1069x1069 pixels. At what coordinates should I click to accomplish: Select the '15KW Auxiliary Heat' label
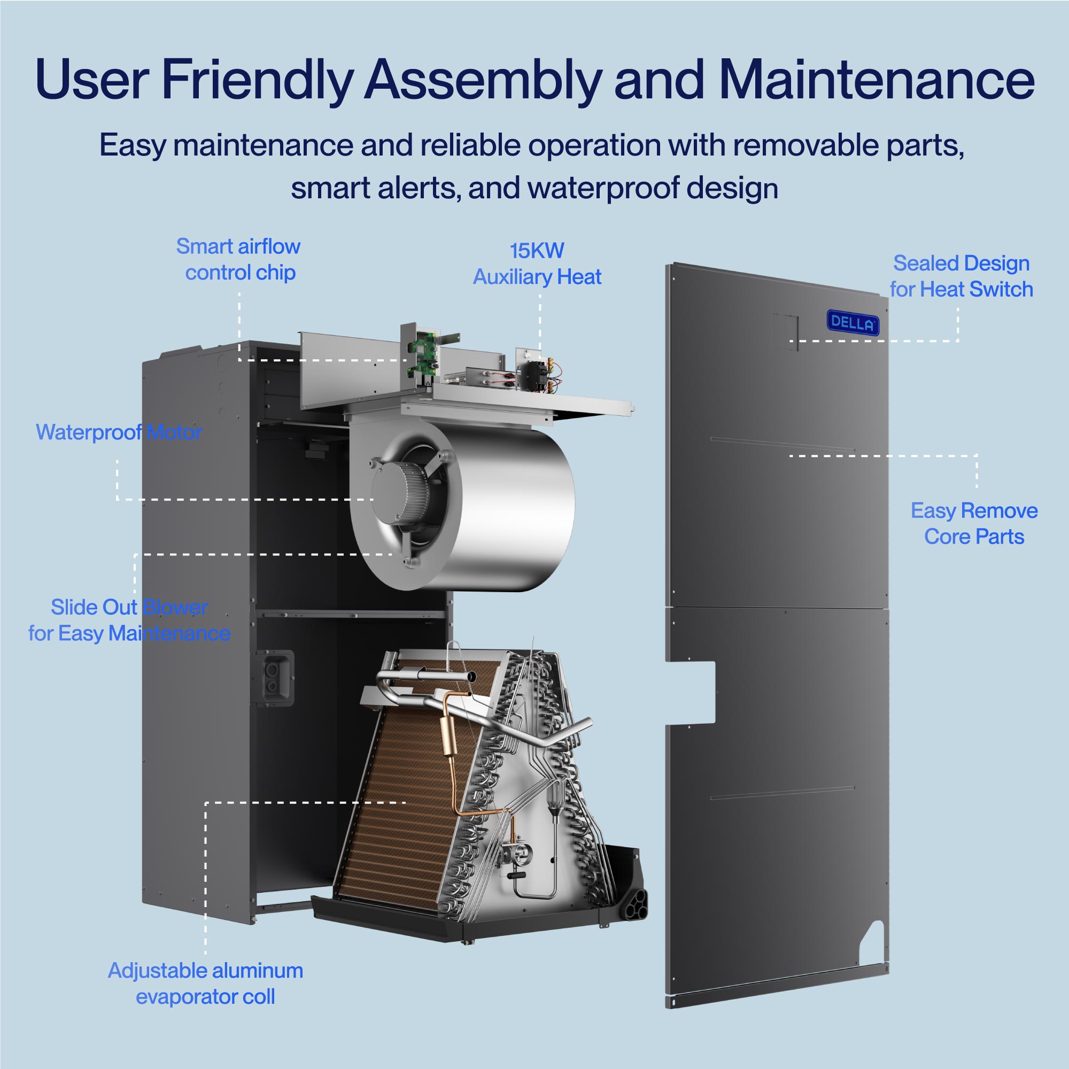click(537, 264)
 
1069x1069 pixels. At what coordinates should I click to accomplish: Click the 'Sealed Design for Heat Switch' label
click(961, 276)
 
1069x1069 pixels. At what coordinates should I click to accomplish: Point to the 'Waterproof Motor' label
click(119, 432)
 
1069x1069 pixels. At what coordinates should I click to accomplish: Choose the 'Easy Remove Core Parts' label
click(974, 523)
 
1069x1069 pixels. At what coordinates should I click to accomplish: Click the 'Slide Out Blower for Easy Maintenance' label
click(129, 620)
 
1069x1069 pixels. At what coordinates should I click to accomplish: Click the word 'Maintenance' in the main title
click(877, 80)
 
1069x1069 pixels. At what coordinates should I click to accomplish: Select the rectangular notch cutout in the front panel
click(692, 692)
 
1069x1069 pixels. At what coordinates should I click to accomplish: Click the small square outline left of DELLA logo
click(785, 331)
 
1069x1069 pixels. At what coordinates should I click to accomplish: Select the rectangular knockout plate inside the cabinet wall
click(275, 678)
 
